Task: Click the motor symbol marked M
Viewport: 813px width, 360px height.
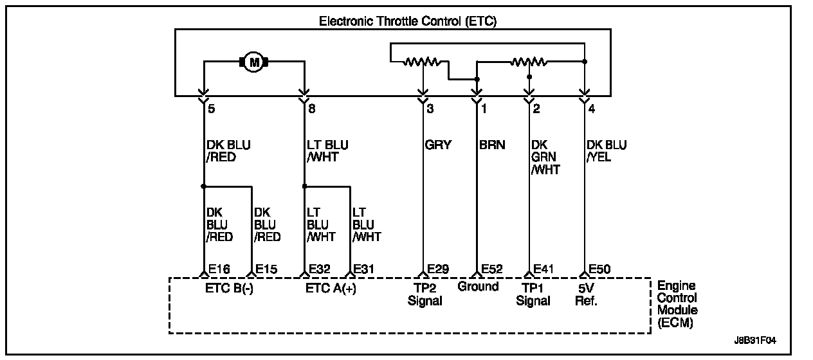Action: [253, 62]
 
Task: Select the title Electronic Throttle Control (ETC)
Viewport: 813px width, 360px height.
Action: [408, 21]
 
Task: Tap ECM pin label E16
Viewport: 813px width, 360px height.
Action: [219, 269]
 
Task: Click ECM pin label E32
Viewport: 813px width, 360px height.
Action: [320, 269]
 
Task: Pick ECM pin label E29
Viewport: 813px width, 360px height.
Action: [439, 269]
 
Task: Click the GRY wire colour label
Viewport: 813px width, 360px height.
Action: [439, 145]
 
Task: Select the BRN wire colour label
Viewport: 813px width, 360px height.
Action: [492, 145]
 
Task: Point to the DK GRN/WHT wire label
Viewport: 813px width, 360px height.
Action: [545, 157]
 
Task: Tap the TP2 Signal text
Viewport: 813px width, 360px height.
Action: [425, 294]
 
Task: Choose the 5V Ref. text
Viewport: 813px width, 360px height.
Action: [585, 294]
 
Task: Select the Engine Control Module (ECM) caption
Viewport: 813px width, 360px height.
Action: [677, 304]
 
